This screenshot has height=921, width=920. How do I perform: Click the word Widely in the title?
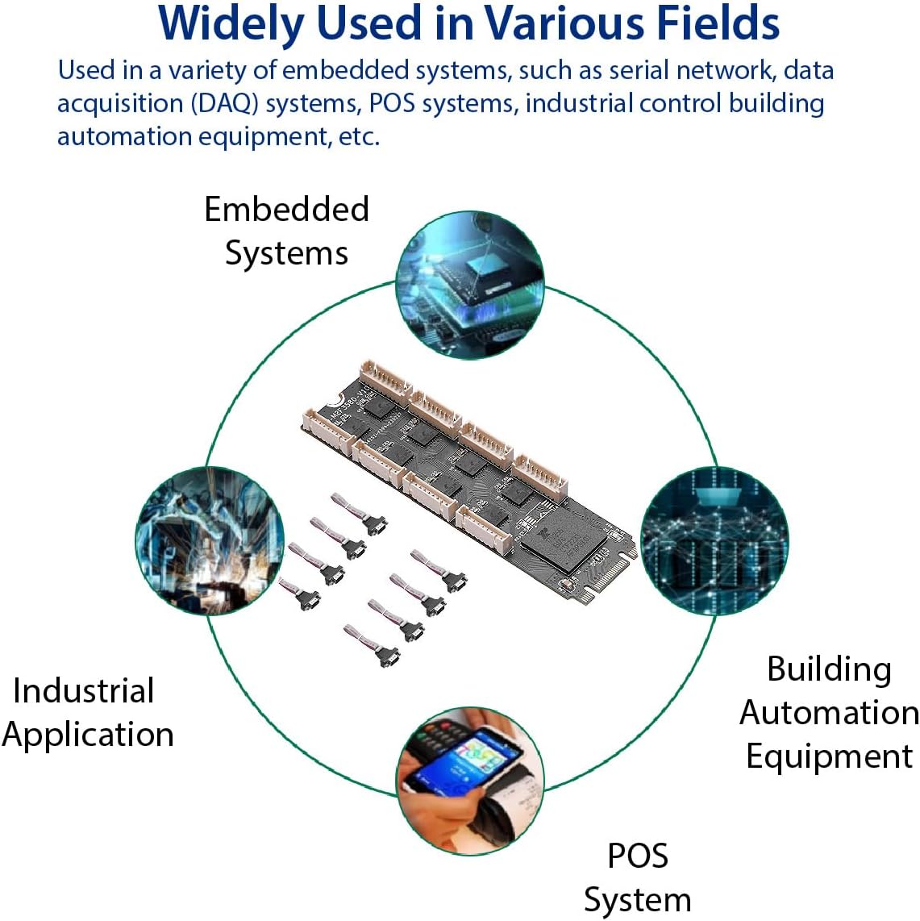(x=229, y=24)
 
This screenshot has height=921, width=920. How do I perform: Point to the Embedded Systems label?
(x=286, y=231)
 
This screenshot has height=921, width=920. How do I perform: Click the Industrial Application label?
(x=87, y=713)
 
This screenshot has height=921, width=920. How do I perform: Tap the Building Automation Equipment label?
(x=829, y=713)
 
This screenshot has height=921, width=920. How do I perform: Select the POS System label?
(x=637, y=877)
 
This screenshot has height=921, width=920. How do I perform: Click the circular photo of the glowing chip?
(x=471, y=285)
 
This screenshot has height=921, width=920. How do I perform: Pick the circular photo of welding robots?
(x=210, y=540)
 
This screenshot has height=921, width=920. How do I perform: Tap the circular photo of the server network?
(x=714, y=540)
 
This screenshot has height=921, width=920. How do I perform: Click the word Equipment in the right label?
(x=829, y=756)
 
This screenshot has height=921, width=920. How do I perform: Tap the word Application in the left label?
(x=88, y=735)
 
